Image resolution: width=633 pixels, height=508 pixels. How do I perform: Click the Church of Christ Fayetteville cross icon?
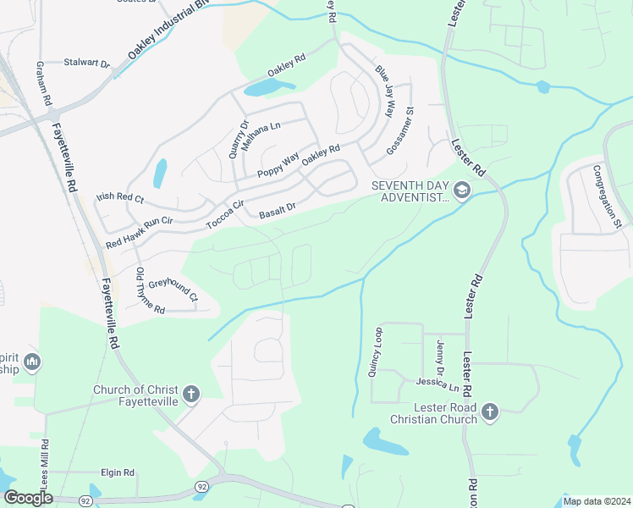tap(192, 393)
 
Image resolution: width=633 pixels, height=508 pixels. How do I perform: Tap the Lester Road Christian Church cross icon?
tap(488, 412)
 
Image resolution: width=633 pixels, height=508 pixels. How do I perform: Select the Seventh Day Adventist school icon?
tap(461, 190)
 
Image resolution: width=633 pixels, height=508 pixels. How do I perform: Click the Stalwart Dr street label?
tap(88, 63)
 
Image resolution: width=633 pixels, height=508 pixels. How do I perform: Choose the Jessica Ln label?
tap(437, 384)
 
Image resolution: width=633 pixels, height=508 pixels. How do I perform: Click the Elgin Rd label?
tap(117, 472)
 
